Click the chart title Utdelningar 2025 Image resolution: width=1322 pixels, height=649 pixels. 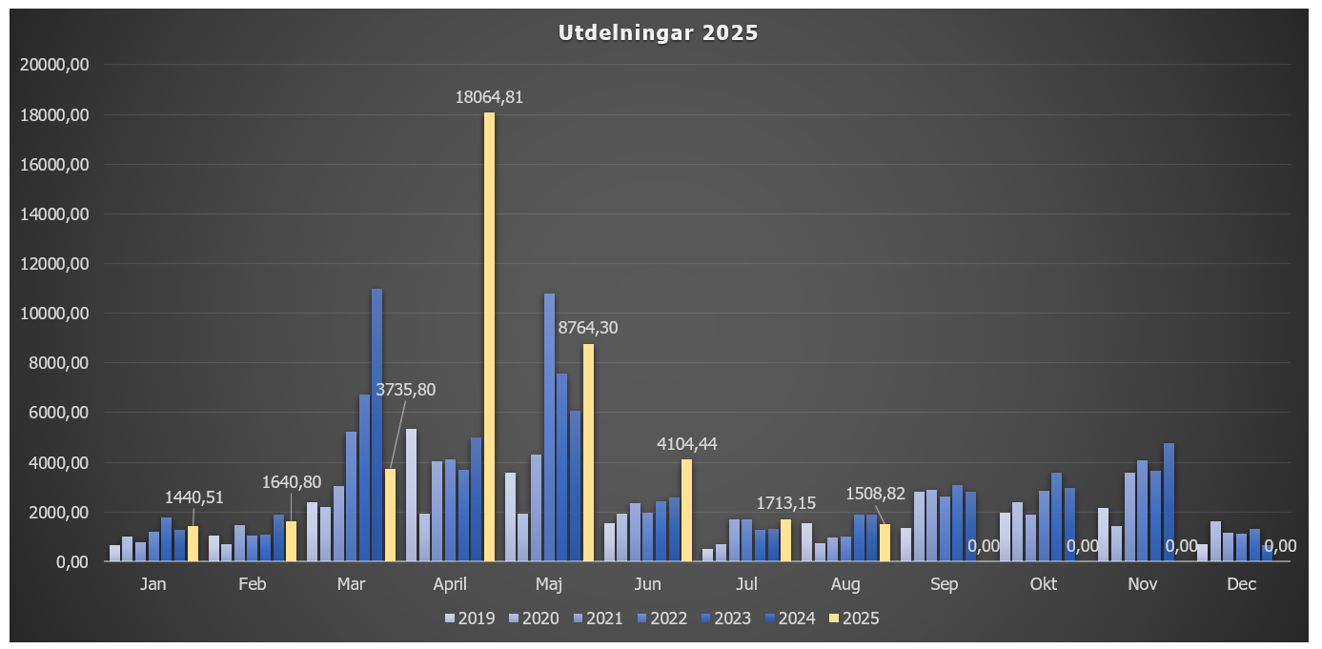click(x=658, y=33)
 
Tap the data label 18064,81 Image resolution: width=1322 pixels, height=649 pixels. click(x=489, y=96)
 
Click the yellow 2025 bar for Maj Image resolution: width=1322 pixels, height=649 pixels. click(x=588, y=453)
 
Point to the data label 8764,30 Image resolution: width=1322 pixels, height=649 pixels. click(x=587, y=328)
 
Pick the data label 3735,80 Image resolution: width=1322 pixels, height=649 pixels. click(x=406, y=390)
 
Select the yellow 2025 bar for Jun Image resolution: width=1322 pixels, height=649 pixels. click(x=686, y=510)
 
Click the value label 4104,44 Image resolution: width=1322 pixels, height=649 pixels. click(x=686, y=443)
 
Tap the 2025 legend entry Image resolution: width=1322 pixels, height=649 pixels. click(x=855, y=619)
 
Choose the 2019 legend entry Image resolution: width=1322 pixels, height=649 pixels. click(x=470, y=619)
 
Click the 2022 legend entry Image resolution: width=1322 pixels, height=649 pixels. click(x=662, y=619)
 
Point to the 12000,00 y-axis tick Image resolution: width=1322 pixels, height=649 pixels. click(x=55, y=264)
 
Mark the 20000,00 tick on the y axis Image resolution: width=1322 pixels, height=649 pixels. click(x=55, y=65)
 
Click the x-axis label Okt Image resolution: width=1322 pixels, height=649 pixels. click(x=1043, y=584)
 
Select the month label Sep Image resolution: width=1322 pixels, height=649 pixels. click(x=944, y=584)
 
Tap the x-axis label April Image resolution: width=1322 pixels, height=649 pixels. click(x=450, y=584)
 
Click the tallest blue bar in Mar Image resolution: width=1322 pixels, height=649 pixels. click(x=376, y=424)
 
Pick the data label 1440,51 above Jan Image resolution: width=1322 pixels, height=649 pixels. click(x=194, y=497)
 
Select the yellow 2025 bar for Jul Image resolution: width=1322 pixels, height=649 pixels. click(x=785, y=540)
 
